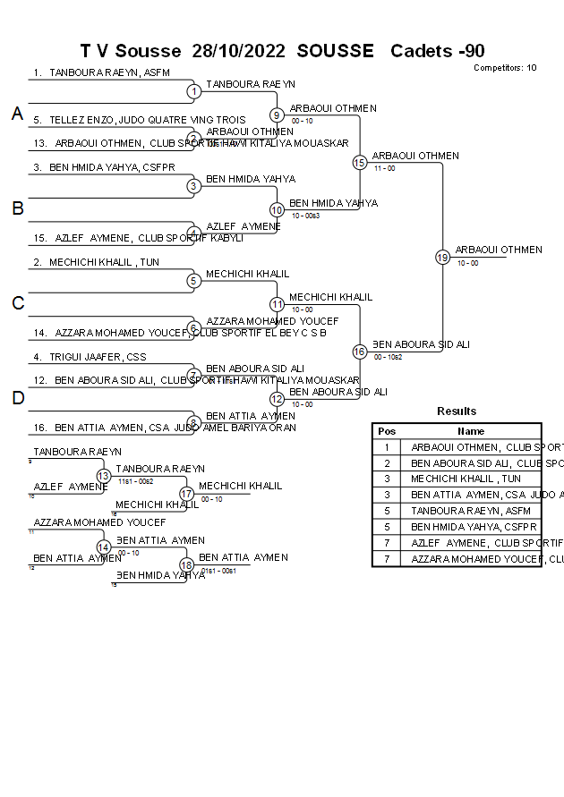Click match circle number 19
(442, 257)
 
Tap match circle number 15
(359, 163)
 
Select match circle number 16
(359, 352)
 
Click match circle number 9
(277, 114)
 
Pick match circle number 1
(193, 91)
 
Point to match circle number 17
(186, 493)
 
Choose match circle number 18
(186, 564)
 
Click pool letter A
(17, 114)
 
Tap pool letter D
(17, 399)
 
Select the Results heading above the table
(457, 411)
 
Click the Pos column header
(387, 431)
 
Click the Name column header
(471, 431)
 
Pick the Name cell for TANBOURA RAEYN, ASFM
(471, 511)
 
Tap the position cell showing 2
(387, 463)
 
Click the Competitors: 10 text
(505, 67)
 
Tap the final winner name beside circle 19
(498, 250)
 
